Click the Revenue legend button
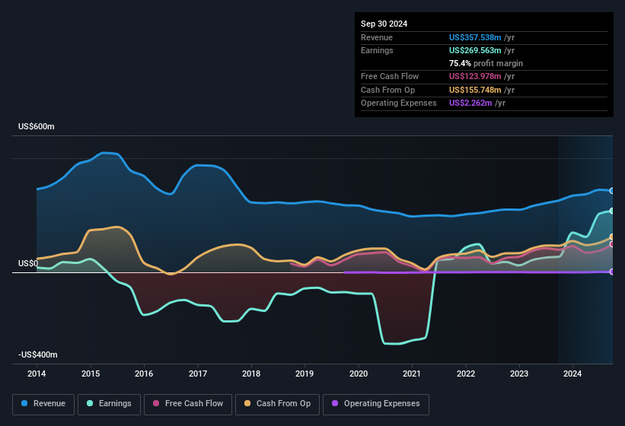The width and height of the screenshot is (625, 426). tap(43, 403)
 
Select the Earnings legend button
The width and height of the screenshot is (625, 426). tap(110, 403)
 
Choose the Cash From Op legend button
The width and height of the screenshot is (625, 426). tap(277, 403)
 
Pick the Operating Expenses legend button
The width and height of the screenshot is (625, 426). tap(376, 403)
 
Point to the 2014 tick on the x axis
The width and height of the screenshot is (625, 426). tap(37, 374)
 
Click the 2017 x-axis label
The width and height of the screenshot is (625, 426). tap(198, 374)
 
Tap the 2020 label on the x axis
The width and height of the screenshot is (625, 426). tap(359, 374)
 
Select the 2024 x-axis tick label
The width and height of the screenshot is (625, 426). tap(572, 374)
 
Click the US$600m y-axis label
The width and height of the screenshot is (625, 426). tap(37, 126)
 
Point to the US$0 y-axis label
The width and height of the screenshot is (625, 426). tap(28, 263)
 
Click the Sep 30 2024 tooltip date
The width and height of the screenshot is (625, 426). tap(384, 24)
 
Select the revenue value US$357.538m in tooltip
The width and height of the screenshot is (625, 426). tap(474, 37)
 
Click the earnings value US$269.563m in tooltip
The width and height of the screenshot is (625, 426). tap(474, 50)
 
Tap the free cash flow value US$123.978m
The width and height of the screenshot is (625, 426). tap(474, 76)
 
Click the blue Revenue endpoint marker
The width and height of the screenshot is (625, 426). tap(612, 191)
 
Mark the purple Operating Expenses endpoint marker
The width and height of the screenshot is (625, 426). tap(612, 272)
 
